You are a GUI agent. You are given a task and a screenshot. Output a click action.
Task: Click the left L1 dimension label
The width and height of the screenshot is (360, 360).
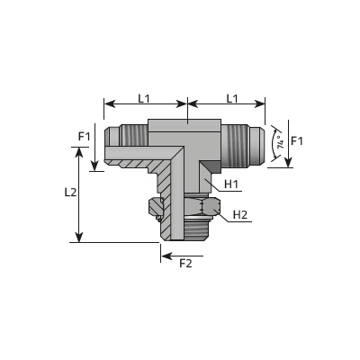[x=144, y=98]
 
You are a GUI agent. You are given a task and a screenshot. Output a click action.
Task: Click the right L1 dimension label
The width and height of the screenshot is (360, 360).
[x=232, y=98]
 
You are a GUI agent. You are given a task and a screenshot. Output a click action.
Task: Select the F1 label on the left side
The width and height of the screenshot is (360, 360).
[x=85, y=137]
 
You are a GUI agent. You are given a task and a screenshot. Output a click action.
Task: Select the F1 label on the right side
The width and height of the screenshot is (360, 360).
[x=297, y=140]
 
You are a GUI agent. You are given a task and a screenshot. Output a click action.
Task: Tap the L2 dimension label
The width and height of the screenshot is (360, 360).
[x=71, y=193]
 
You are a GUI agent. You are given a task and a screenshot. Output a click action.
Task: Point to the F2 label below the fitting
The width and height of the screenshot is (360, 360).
[x=185, y=264]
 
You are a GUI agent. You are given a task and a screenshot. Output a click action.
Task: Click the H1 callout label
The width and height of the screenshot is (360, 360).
[x=231, y=184]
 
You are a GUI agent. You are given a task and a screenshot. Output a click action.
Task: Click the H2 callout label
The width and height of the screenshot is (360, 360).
[x=240, y=215]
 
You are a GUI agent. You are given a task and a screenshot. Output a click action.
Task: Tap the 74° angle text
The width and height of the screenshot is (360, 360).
[x=280, y=143]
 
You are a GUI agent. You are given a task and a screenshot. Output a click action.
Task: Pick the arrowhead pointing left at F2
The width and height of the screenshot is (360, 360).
[x=166, y=256]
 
